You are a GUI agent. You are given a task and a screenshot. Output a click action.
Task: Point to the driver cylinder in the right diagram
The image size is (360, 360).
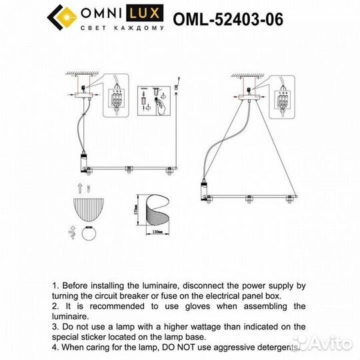pos(203,191)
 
